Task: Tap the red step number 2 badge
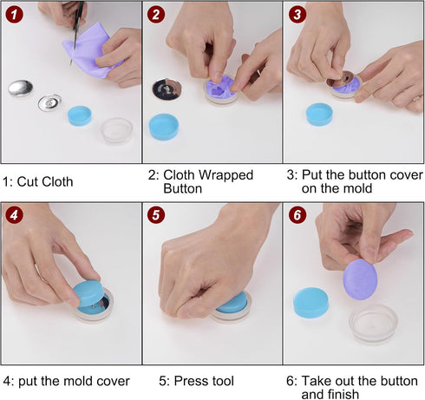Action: pyautogui.click(x=155, y=15)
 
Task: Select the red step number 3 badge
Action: pyautogui.click(x=297, y=15)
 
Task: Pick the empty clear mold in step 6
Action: pyautogui.click(x=373, y=323)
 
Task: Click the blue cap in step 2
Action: pyautogui.click(x=166, y=128)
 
